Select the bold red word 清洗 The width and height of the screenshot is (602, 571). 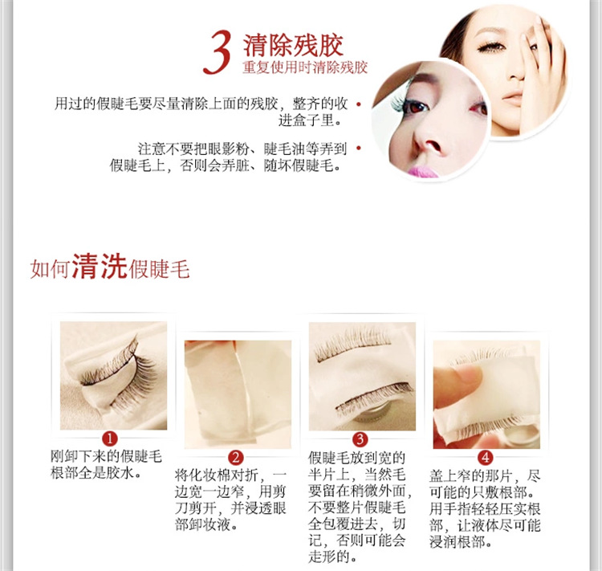[x=99, y=267]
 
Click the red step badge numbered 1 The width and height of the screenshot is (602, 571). [x=110, y=438]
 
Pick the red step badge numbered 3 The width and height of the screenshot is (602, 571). [x=360, y=438]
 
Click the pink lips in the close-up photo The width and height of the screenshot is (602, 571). [x=422, y=169]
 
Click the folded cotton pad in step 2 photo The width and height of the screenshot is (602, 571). [x=229, y=390]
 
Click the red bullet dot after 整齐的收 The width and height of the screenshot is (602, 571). [x=358, y=104]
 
